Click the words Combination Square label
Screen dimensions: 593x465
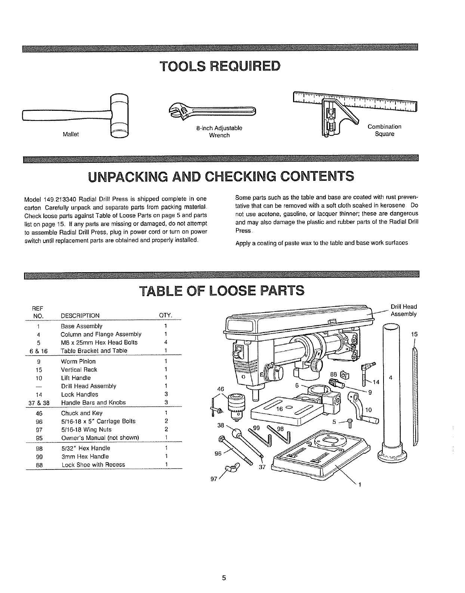point(384,130)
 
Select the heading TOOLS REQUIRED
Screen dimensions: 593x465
point(219,67)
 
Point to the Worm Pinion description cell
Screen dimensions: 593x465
point(78,361)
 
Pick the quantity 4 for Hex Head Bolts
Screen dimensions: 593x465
point(165,343)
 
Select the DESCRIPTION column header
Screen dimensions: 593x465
point(80,316)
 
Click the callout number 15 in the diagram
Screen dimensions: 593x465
point(414,334)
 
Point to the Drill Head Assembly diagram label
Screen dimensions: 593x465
point(403,310)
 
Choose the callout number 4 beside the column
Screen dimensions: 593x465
point(391,378)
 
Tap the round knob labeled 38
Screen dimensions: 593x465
point(236,433)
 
